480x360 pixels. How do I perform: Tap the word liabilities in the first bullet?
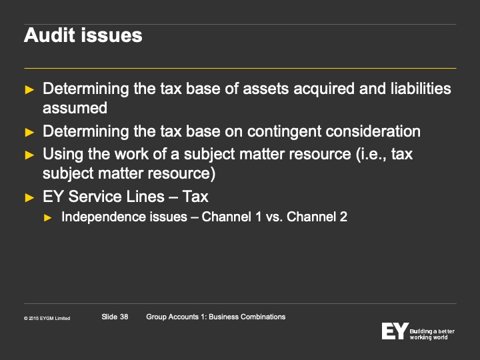(x=421, y=89)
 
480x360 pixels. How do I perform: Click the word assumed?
(x=75, y=108)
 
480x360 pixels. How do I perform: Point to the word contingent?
(x=285, y=132)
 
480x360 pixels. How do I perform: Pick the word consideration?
(x=373, y=131)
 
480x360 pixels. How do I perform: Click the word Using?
(x=63, y=154)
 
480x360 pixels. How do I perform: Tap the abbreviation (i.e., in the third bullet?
(x=371, y=154)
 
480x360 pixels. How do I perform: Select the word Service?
(x=95, y=197)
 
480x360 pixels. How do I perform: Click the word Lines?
(x=145, y=197)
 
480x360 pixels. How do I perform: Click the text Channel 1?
(x=232, y=217)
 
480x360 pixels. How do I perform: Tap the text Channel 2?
(x=317, y=217)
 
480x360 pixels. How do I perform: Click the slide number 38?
(x=124, y=317)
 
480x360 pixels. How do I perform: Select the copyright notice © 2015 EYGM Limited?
(x=47, y=319)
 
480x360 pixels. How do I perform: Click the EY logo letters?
(x=395, y=331)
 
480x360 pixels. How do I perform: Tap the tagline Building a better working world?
(x=432, y=334)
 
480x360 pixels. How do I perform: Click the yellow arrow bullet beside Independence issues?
(x=48, y=217)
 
